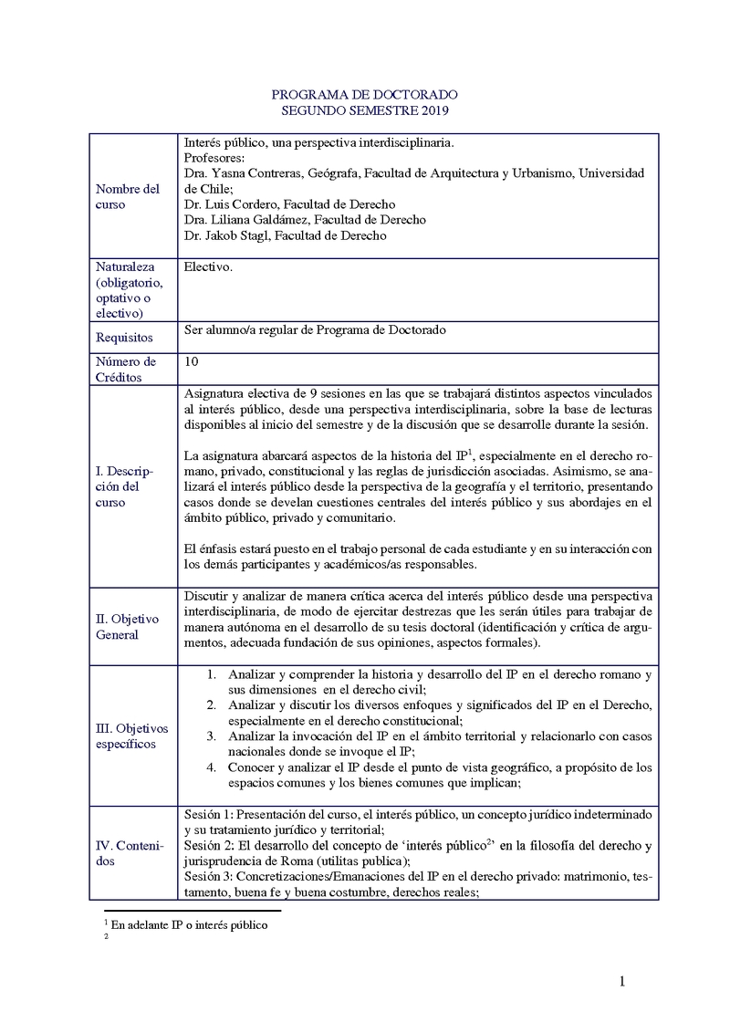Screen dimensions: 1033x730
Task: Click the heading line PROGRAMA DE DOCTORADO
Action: (364, 95)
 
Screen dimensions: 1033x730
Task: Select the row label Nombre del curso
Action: (127, 196)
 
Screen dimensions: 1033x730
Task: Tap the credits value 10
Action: (191, 361)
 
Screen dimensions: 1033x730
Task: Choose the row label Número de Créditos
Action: (126, 369)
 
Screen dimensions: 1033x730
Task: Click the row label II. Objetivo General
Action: (127, 627)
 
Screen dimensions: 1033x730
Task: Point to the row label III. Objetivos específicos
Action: (132, 736)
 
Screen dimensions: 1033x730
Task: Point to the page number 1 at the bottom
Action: (622, 982)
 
